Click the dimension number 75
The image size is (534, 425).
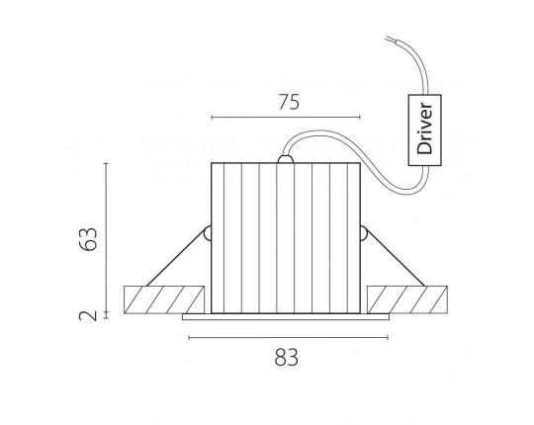point(289,102)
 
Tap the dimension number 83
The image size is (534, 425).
point(287,358)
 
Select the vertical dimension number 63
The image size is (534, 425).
point(88,239)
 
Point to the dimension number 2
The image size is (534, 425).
point(88,315)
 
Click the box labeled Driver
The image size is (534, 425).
point(424,130)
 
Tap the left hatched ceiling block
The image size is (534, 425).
point(164,299)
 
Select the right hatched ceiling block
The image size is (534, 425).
point(407,299)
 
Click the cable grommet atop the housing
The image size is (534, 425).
point(286,159)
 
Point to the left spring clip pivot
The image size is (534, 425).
point(207,233)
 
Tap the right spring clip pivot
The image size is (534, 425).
point(363,233)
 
